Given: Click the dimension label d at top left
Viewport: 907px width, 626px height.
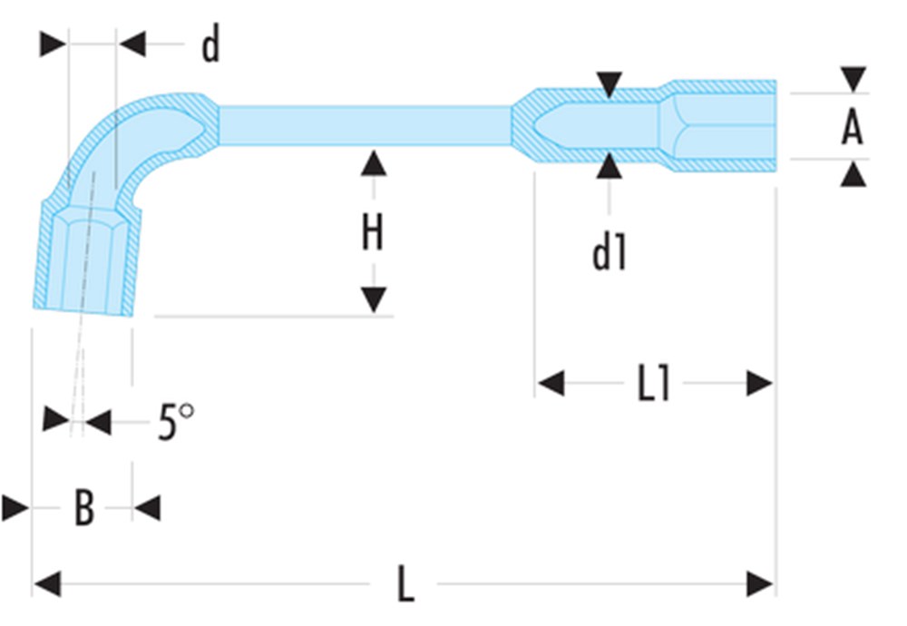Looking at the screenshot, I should pos(210,45).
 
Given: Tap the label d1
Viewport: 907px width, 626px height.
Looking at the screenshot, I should pos(609,253).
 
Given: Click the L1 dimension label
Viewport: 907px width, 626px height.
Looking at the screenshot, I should pos(653,385).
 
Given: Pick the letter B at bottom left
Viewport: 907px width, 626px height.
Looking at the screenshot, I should pos(83,509).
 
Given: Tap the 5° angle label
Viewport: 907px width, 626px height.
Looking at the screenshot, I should pos(175,421).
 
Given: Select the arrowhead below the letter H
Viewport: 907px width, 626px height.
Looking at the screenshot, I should pos(373,299).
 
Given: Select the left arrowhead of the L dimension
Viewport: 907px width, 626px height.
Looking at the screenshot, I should pos(46,583).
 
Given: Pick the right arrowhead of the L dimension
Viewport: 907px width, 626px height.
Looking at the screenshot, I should pos(760,583).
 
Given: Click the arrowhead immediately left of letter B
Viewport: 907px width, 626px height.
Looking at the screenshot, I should pos(15,507).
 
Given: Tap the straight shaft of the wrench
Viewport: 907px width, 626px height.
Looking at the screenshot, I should pos(363,125).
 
